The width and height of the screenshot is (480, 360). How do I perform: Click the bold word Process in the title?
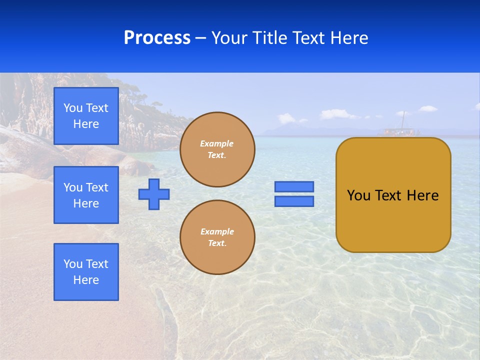pos(157,38)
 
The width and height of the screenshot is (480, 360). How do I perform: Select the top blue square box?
pos(86,116)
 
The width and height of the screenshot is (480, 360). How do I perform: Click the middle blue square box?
pos(86,195)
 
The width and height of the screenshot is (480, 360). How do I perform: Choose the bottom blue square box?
pos(86,272)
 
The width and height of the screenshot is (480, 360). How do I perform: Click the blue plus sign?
pos(154,194)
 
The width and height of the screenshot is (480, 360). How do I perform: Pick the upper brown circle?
pos(217,149)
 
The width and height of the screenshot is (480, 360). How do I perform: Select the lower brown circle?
pos(217,237)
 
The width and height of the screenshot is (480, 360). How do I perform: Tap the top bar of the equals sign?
pos(294,186)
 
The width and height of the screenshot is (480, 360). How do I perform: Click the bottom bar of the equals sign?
pos(294,201)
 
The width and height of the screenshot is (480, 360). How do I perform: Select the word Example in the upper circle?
pos(217,143)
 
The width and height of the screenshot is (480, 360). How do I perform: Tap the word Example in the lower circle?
pos(217,231)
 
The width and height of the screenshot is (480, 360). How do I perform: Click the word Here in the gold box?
pos(422,195)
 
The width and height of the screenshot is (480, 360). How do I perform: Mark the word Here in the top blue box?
pos(86,124)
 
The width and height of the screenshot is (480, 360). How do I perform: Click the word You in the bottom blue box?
pos(73,264)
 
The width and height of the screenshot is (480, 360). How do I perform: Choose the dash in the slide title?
pos(201,38)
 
